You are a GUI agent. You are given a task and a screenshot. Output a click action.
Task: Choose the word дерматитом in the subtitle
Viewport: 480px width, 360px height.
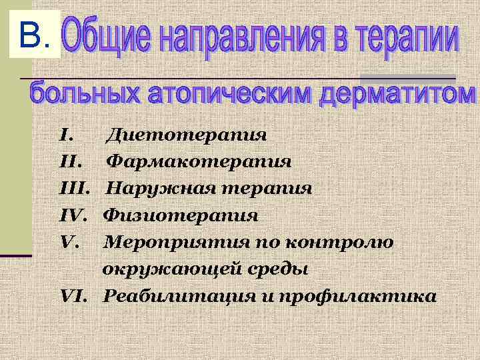point(397,95)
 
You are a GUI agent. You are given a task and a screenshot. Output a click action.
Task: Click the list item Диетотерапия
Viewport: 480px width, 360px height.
point(187,135)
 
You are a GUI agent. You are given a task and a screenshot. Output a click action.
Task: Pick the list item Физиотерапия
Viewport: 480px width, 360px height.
point(180,215)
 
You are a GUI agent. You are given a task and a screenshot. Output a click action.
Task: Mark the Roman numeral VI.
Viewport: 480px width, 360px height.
point(74,296)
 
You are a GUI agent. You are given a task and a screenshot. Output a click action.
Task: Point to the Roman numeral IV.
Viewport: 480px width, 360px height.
point(73,215)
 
